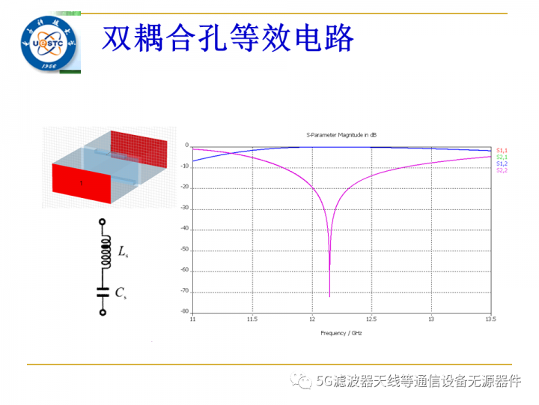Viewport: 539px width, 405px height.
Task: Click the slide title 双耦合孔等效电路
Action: (227, 38)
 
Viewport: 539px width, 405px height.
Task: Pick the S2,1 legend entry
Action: (502, 157)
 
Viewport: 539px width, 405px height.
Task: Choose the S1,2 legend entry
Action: (502, 163)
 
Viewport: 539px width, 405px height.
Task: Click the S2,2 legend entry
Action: (502, 169)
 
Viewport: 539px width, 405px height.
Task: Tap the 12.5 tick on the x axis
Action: (371, 319)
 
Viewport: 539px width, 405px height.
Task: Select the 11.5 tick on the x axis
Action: (252, 319)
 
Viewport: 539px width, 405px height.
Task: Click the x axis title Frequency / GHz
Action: (341, 331)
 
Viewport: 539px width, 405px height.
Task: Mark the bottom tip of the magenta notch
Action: (330, 295)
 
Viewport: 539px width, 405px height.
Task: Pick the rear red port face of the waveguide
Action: (138, 148)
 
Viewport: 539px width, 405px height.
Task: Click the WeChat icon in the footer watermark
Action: (305, 381)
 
